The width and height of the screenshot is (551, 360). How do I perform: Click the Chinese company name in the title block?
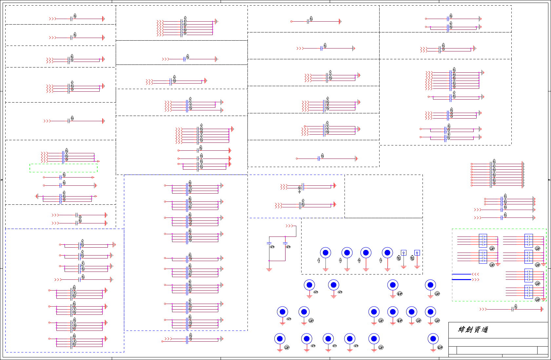(x=473, y=330)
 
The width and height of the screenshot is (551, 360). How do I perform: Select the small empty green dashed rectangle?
(x=63, y=168)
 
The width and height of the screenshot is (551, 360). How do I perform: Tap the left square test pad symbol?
(x=403, y=253)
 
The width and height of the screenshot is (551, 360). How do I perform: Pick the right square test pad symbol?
(x=417, y=253)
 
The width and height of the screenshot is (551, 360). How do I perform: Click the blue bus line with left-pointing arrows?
(x=462, y=274)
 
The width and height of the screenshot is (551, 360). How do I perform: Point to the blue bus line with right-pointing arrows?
(x=462, y=280)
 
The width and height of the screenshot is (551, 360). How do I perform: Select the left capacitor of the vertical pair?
(x=269, y=243)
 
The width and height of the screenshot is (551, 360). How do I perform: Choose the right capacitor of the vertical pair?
(x=285, y=243)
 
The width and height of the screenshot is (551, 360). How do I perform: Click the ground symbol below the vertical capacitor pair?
(x=269, y=270)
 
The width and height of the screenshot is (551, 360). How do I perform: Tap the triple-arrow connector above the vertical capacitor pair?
(x=289, y=226)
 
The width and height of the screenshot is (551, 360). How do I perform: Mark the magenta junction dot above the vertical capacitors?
(x=285, y=237)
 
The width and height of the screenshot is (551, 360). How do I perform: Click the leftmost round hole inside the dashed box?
(x=325, y=253)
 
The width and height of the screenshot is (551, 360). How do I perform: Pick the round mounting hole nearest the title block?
(x=433, y=339)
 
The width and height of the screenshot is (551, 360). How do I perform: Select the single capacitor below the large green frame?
(x=513, y=309)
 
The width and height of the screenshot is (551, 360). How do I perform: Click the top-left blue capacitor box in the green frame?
(x=483, y=240)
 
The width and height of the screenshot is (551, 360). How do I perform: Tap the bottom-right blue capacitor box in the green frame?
(x=528, y=292)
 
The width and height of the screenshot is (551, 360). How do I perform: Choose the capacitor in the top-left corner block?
(x=71, y=19)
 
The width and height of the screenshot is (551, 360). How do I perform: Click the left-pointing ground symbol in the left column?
(x=37, y=196)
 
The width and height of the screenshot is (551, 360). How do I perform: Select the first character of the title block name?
(x=462, y=330)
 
